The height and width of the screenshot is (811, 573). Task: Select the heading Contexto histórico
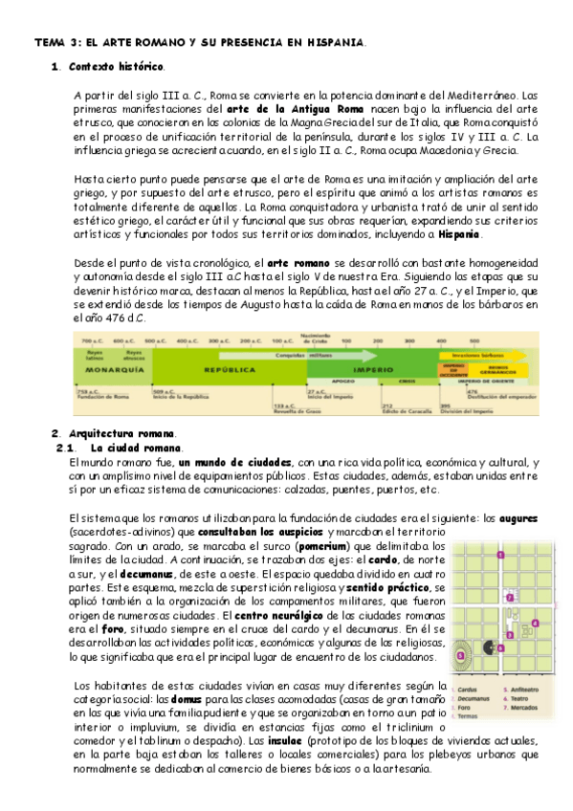[109, 67]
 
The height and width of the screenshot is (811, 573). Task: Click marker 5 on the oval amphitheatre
[460, 629]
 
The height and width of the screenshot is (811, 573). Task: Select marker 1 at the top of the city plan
[500, 555]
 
